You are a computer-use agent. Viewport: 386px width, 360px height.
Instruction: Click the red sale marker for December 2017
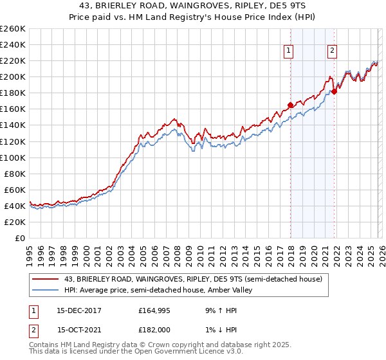[x=290, y=105]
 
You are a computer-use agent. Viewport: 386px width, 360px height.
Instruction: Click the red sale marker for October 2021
[x=334, y=91]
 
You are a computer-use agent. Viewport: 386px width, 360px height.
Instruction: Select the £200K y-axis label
[x=12, y=76]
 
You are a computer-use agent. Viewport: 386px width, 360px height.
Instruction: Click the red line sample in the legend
[x=46, y=278]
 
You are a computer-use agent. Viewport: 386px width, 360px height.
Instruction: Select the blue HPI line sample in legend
[x=46, y=290]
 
